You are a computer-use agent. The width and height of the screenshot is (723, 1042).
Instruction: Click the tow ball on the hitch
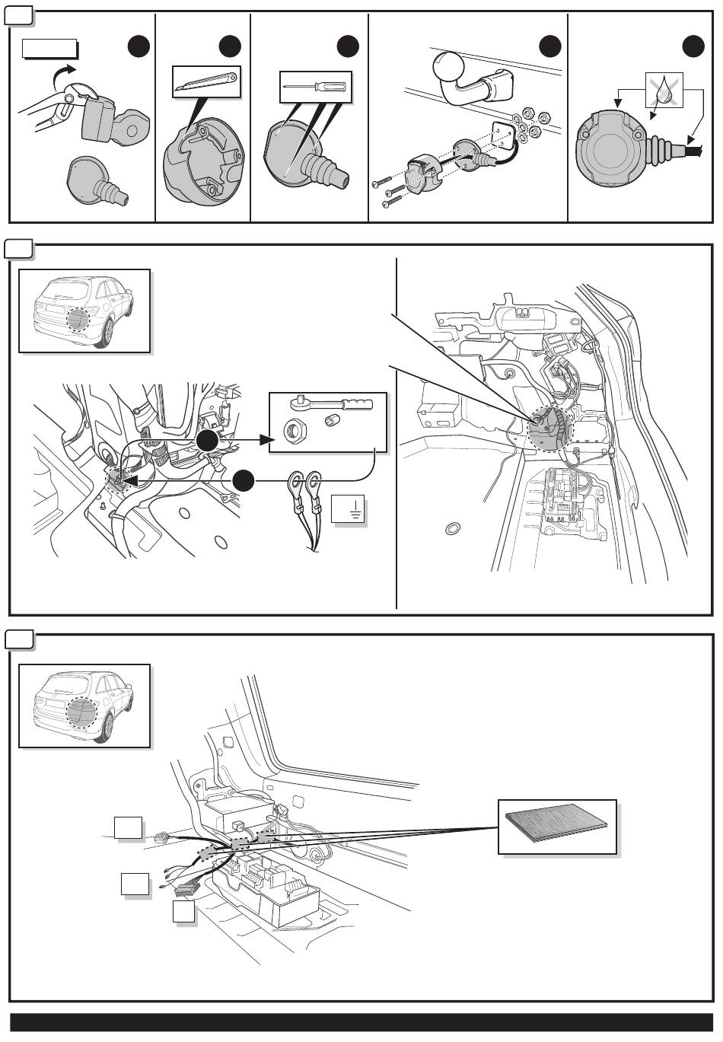coord(447,67)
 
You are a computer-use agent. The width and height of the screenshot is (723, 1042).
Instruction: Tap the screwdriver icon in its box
coord(315,88)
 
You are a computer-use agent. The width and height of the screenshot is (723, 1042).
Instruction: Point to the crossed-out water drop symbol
coord(664,91)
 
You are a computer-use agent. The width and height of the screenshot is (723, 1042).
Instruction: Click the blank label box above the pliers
coord(49,49)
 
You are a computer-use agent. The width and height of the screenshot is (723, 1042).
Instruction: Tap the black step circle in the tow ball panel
coord(549,47)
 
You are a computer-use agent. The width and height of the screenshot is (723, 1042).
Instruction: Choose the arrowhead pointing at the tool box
coord(266,440)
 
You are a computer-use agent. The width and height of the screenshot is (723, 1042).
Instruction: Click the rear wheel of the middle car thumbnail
coord(104,332)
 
